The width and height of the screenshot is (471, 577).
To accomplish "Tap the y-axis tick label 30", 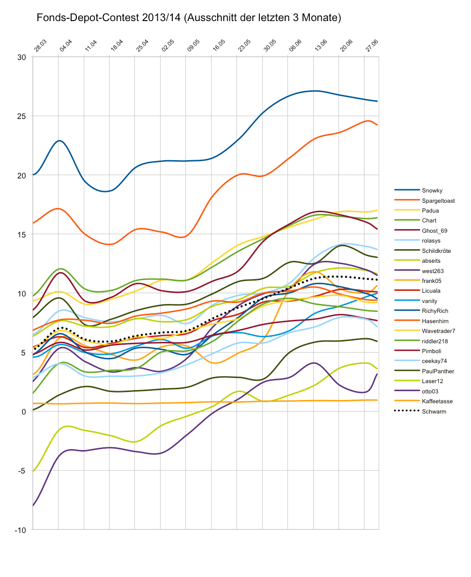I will click(22, 57).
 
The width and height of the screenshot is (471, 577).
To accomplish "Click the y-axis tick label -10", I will click(20, 530).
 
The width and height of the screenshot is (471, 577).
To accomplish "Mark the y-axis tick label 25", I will click(22, 116).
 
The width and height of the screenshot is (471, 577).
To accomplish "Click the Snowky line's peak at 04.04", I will click(59, 141).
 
